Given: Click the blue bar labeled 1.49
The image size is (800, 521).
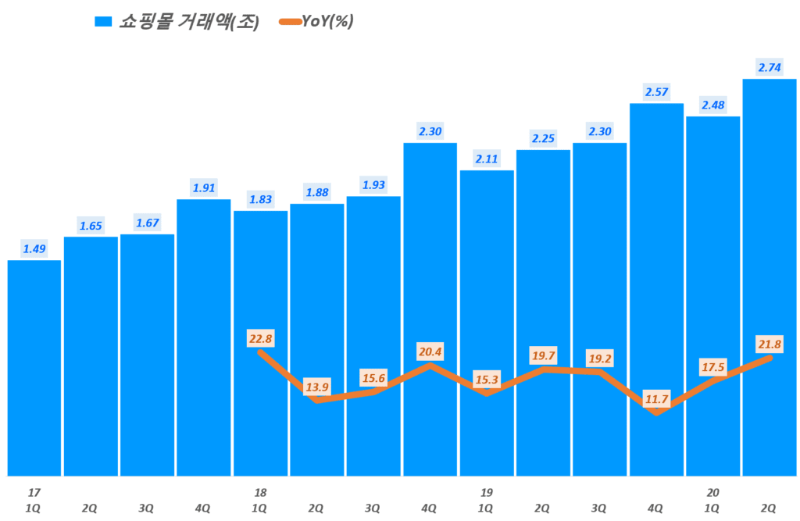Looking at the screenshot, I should [34, 367].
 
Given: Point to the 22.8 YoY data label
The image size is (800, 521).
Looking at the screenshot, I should [260, 337].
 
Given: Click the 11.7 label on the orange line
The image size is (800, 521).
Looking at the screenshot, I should [656, 400].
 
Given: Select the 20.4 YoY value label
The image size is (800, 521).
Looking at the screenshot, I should [430, 351].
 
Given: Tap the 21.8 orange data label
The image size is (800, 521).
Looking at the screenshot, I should [770, 344].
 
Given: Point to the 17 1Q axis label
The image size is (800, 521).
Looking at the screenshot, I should [34, 500].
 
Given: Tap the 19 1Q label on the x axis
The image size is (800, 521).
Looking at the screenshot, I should [486, 500].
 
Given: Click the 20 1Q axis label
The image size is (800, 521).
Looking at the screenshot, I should [712, 500].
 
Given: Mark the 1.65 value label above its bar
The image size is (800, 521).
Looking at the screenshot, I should [91, 226].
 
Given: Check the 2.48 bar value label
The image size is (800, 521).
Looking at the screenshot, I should [712, 105].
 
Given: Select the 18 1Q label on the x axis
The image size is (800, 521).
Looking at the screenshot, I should [260, 500].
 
